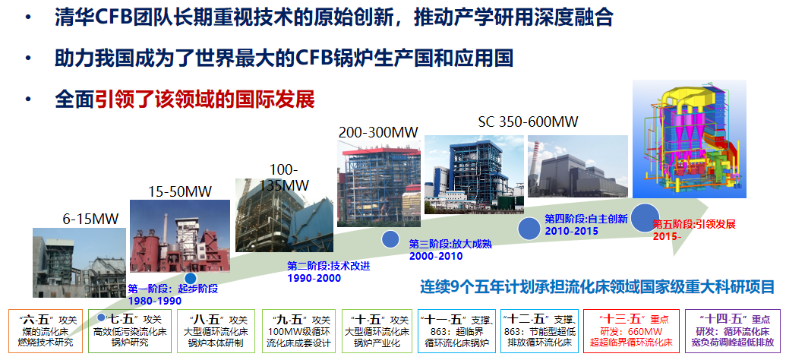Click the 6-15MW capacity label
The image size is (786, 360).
coord(90,219)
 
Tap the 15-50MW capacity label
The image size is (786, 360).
coord(180,191)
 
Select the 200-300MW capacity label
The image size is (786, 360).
coord(378,133)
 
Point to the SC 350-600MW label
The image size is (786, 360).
coord(528,122)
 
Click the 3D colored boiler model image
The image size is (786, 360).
coord(690,139)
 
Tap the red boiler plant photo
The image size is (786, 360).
coord(180,236)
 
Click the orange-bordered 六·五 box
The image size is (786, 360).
coord(46,331)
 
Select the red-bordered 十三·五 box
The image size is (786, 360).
coord(633,331)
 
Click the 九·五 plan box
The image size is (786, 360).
coord(298,331)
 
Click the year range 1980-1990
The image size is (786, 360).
coord(155,301)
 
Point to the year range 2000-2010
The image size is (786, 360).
coord(436,256)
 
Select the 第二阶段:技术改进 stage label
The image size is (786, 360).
coord(329,267)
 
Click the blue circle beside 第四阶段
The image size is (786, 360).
coord(532,228)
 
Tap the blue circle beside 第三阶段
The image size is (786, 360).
coord(390,239)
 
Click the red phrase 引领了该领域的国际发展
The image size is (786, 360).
coord(205,99)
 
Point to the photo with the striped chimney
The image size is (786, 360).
coord(577,166)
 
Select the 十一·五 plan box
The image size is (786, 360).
coord(456,331)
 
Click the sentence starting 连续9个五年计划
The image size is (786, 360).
coord(597,287)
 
